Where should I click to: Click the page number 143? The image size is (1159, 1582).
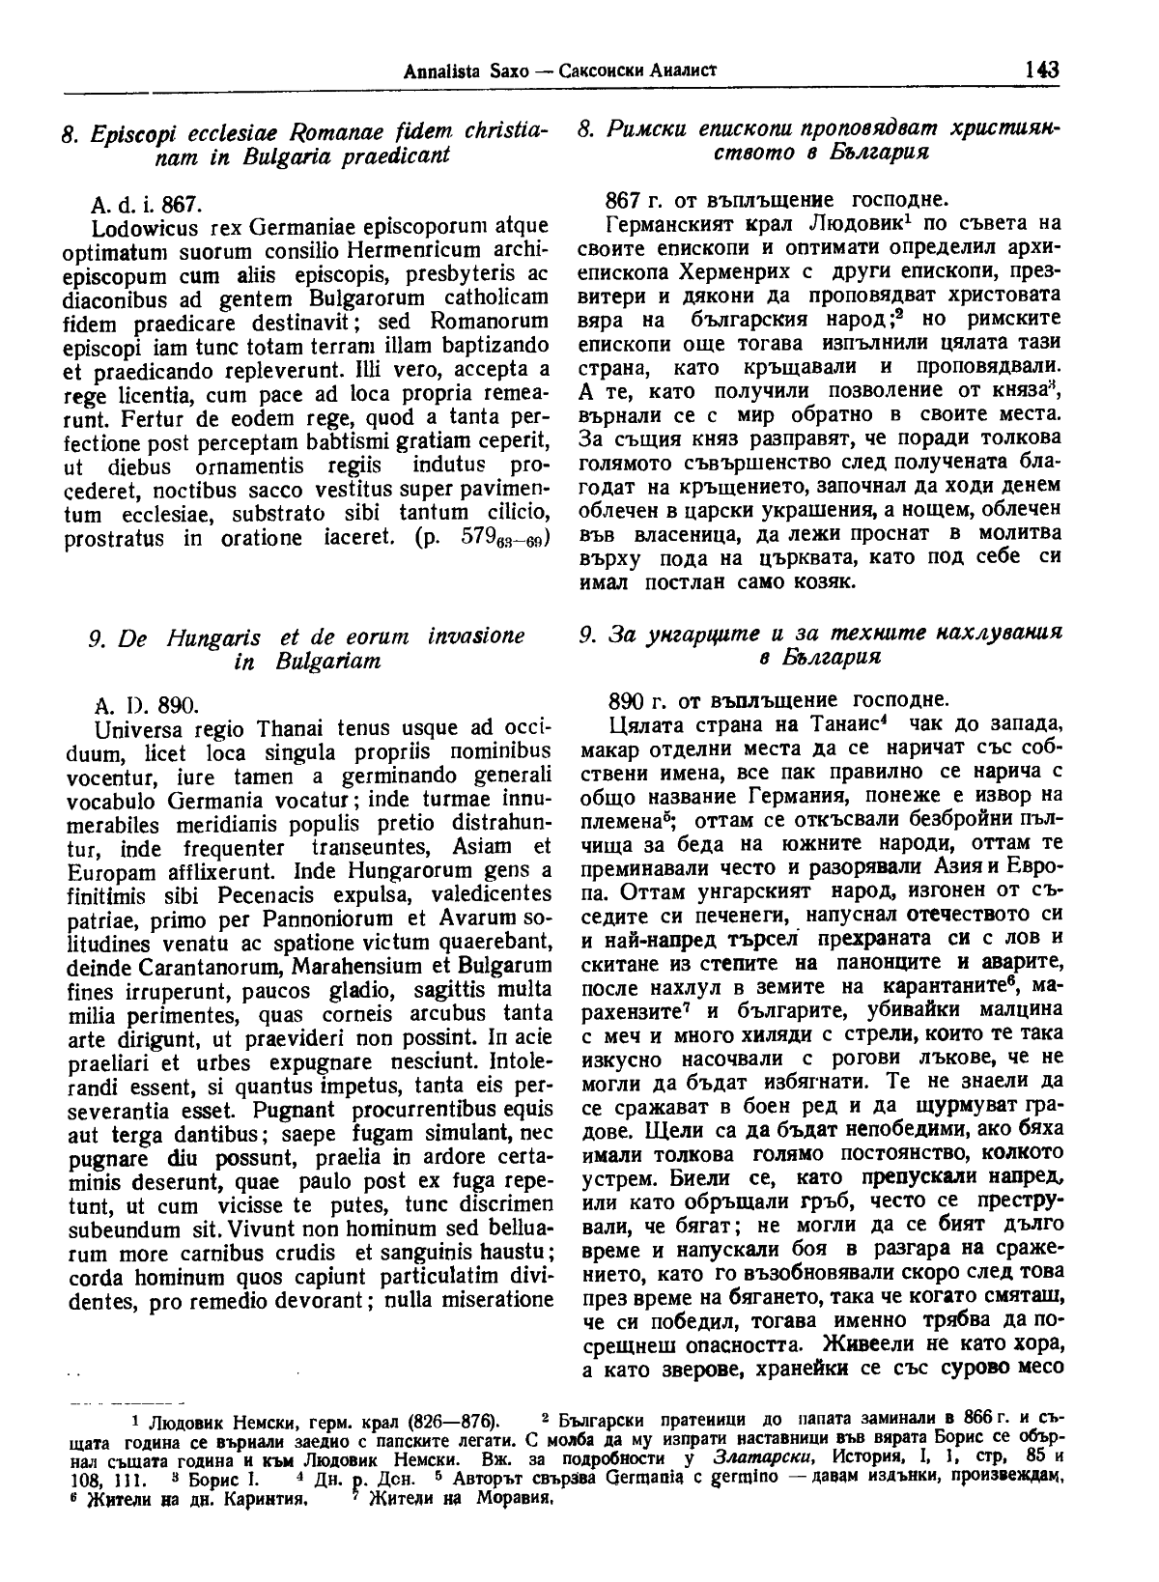(1043, 70)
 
